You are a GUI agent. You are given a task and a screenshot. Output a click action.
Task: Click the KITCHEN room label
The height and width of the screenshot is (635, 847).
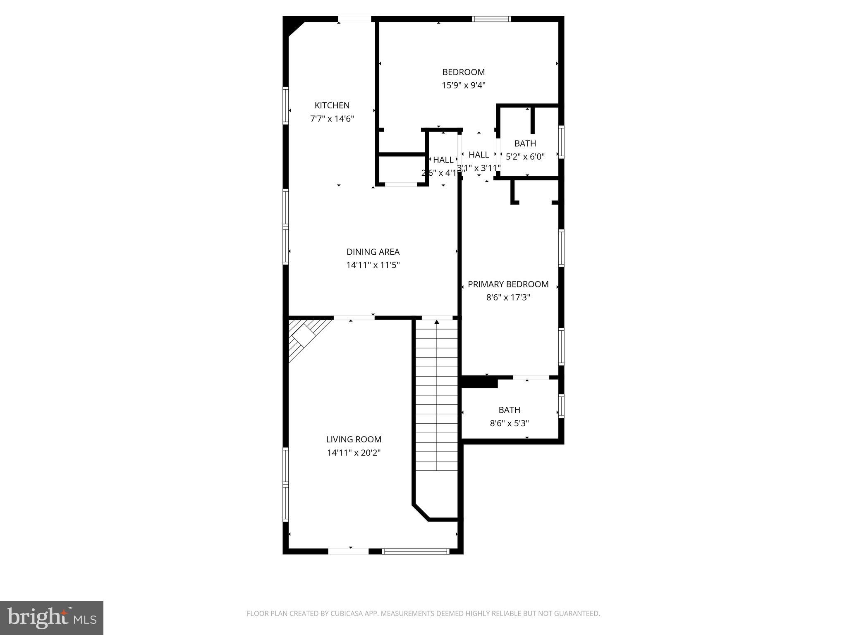(x=332, y=105)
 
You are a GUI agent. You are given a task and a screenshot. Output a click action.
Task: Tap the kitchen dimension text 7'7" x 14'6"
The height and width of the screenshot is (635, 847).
(x=332, y=119)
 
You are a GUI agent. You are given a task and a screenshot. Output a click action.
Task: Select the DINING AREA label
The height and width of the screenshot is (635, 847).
(x=373, y=252)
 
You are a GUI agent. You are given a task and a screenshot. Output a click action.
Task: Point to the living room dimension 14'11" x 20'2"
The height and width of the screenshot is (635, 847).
(x=354, y=453)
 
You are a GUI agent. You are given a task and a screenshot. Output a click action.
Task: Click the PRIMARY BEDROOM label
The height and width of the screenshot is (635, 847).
(x=508, y=284)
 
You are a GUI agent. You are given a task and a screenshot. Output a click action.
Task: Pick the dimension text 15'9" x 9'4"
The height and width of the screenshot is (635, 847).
(x=463, y=86)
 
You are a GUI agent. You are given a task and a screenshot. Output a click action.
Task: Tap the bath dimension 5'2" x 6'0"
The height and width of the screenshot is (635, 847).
(x=525, y=157)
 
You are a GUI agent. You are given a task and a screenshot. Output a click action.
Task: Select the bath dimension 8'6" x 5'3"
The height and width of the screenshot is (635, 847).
(x=509, y=423)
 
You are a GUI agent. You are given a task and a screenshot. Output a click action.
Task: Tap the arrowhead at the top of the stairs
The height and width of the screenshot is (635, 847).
(x=437, y=322)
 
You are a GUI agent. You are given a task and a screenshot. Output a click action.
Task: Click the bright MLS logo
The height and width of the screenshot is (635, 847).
(x=51, y=618)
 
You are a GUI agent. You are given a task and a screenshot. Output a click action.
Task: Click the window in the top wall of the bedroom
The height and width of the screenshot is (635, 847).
(x=491, y=19)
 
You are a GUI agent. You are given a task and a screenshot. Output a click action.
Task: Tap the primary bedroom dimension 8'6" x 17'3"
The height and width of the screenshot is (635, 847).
(x=508, y=297)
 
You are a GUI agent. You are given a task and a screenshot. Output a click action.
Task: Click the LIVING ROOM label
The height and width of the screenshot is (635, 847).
(x=354, y=439)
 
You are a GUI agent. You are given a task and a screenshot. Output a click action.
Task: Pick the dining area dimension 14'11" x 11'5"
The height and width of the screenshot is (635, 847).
(x=373, y=265)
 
